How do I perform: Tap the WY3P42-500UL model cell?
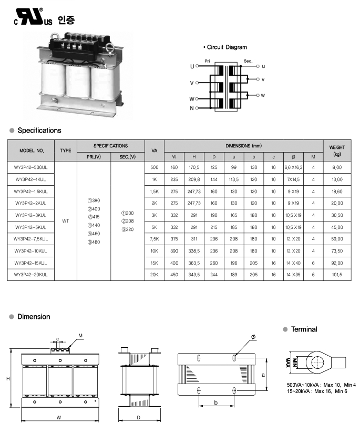click(x=30, y=167)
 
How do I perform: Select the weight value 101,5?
click(x=336, y=275)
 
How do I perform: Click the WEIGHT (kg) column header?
click(x=336, y=150)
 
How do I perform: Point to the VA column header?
click(x=154, y=150)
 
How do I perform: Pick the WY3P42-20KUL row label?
click(x=30, y=275)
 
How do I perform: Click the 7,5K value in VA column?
click(x=154, y=239)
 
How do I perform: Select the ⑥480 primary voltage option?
click(x=94, y=241)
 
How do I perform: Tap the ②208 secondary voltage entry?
click(x=128, y=221)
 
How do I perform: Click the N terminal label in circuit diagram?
click(x=192, y=108)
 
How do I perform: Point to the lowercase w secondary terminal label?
click(x=263, y=95)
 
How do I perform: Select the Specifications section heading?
click(x=39, y=130)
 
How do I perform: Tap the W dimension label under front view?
click(x=59, y=417)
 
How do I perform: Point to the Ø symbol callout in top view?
click(x=253, y=336)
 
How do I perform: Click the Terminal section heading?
click(x=304, y=329)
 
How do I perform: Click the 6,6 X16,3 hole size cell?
click(x=293, y=167)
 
